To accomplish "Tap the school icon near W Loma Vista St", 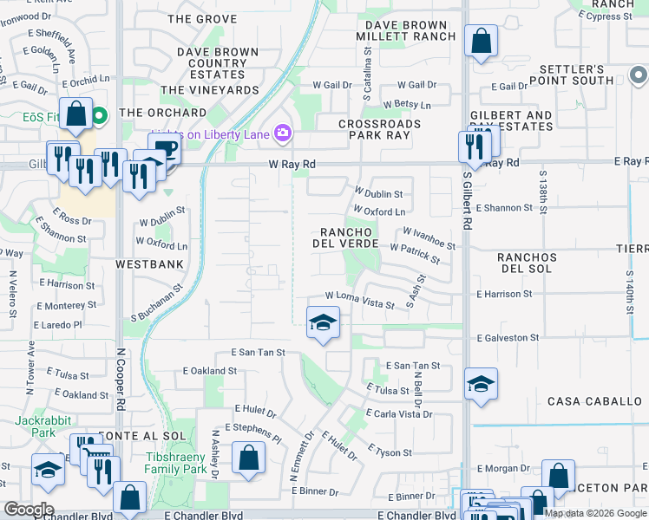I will [322, 324].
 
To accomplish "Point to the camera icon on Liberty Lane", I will [282, 133].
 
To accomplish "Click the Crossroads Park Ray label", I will [373, 130].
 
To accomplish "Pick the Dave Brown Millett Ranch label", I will [406, 30].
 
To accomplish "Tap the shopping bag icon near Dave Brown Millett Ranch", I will [480, 41].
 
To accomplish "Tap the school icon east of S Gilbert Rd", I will [480, 384].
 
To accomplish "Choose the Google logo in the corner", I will [29, 510].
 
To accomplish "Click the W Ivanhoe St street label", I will [429, 232].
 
